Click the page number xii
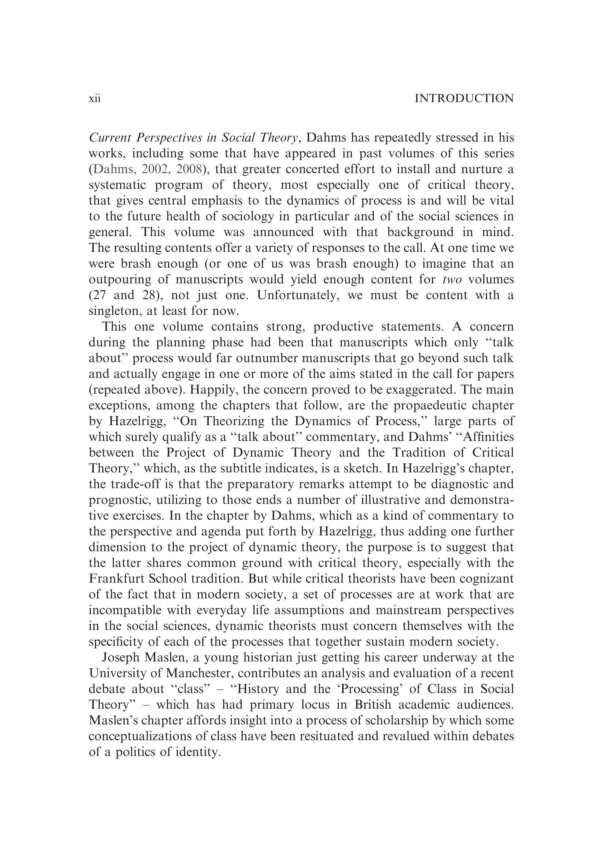95,99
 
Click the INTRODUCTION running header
464,99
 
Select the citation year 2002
155,169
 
